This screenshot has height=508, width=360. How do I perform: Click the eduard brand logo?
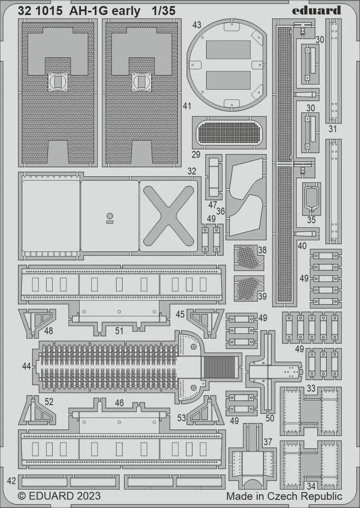tap(316, 10)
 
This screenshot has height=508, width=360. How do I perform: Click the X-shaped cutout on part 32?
tap(169, 216)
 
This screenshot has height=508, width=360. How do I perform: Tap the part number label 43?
tap(197, 25)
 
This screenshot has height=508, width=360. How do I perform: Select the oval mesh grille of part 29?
tap(230, 133)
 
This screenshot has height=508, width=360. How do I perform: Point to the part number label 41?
tap(187, 106)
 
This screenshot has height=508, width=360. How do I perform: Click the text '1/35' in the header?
tap(163, 11)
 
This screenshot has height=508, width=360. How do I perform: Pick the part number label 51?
tap(119, 331)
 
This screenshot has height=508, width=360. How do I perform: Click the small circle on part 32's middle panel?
tap(110, 216)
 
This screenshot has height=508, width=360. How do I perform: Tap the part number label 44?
tap(27, 366)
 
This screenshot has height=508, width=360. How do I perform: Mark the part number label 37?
tap(268, 442)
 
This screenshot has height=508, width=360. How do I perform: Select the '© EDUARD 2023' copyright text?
tap(59, 496)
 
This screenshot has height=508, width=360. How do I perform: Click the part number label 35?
tap(311, 219)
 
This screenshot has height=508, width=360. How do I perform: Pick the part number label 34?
tap(311, 486)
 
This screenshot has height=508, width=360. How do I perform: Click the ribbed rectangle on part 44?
tap(219, 367)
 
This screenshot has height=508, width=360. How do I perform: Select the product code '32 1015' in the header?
tap(40, 11)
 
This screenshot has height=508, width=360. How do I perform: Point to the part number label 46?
tap(119, 403)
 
